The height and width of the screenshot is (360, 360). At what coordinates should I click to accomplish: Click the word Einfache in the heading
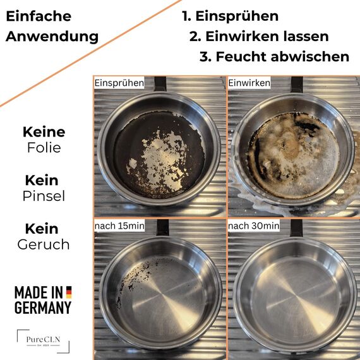click(39, 16)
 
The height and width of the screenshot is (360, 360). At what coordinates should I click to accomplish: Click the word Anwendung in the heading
click(52, 36)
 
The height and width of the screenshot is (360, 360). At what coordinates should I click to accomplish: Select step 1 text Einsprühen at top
click(230, 16)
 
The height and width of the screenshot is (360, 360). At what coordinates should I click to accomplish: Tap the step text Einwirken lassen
click(259, 36)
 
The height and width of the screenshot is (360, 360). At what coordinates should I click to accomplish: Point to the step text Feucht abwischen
click(274, 56)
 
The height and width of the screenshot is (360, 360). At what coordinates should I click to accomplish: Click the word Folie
click(44, 148)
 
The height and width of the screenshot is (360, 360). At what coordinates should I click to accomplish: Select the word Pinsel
click(44, 196)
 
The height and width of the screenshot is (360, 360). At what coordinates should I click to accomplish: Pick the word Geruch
click(44, 244)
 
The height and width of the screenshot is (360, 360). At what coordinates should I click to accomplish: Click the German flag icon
click(68, 292)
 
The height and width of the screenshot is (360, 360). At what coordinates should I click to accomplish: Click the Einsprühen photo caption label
click(119, 83)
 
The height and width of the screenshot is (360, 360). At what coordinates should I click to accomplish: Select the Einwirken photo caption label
click(249, 83)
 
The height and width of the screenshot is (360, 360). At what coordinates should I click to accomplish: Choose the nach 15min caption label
click(119, 225)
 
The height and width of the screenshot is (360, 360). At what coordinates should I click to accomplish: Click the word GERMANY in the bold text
click(43, 308)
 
